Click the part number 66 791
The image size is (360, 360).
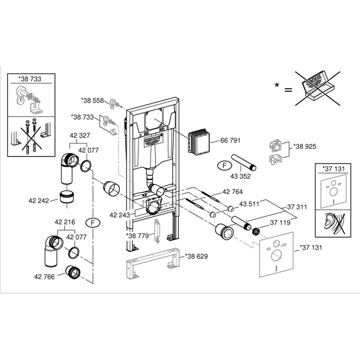point(230,140)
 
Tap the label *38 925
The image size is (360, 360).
point(304,146)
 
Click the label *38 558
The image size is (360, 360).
point(92,100)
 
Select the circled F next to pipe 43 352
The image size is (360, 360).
point(222,165)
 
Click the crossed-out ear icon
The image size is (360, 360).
point(333,223)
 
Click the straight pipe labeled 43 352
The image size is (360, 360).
point(243,162)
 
